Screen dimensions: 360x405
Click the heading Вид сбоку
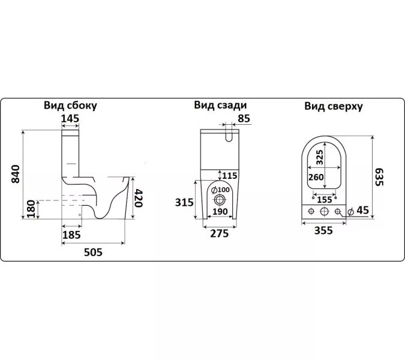[70, 106]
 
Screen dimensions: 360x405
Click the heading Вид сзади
[220, 105]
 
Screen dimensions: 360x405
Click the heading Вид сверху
[333, 106]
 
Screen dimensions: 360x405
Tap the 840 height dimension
[16, 174]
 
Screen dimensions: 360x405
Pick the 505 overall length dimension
[92, 252]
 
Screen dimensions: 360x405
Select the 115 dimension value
[231, 175]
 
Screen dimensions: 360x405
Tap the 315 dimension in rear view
[184, 202]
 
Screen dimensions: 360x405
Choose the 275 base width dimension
[220, 234]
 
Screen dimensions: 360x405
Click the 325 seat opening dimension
[319, 157]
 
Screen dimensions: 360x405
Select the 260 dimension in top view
[316, 177]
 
